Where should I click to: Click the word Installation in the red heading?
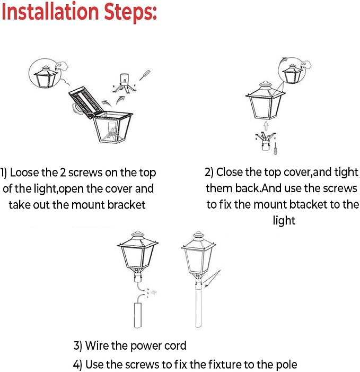point(50,11)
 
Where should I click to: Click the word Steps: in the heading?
point(130,13)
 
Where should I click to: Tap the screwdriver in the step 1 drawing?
point(145,75)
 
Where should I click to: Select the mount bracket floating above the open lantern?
point(124,83)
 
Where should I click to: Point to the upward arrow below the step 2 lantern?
point(266,126)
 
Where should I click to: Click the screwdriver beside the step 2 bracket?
point(275,149)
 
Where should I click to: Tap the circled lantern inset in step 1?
point(45,73)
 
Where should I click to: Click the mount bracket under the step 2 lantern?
point(266,141)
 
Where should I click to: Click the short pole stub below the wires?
point(137,315)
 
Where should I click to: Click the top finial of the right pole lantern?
point(198,236)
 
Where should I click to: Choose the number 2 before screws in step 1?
point(63,172)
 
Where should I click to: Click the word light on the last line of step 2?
point(284,221)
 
